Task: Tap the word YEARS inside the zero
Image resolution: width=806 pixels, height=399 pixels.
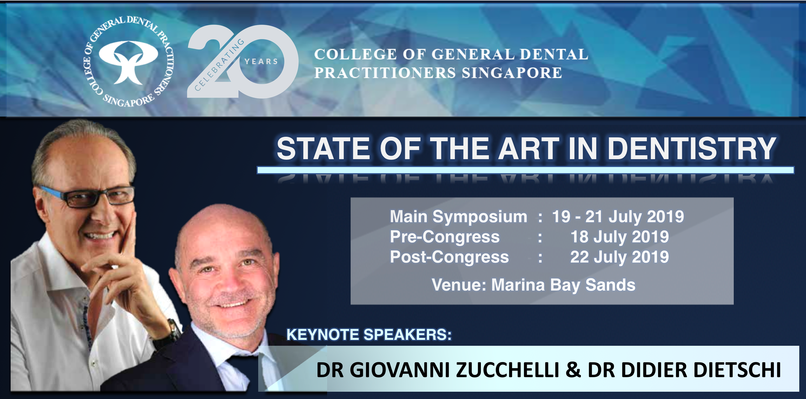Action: tap(261, 61)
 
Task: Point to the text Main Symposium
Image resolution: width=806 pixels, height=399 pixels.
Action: tap(458, 217)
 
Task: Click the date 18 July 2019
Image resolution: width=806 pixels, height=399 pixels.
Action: tap(619, 237)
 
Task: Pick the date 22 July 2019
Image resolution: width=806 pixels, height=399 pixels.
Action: tap(619, 257)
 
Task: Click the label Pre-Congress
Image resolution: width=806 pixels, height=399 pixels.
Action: tap(444, 237)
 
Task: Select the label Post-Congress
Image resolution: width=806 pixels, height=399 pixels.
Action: tap(449, 257)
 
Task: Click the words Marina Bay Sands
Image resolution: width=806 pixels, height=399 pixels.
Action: tap(563, 285)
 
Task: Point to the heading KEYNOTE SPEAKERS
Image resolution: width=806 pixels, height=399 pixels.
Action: tap(369, 335)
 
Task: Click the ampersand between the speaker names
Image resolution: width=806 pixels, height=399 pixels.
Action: tap(573, 370)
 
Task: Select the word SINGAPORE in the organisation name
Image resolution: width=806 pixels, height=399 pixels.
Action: tap(512, 73)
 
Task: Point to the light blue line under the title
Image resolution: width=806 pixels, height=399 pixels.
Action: tap(525, 170)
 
